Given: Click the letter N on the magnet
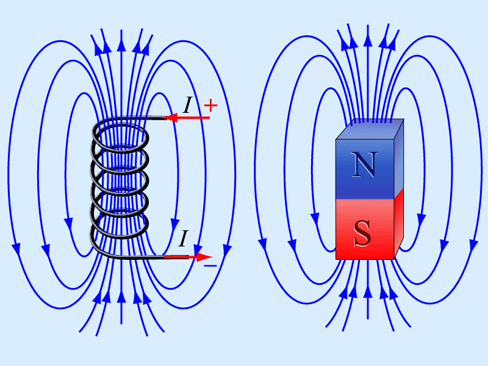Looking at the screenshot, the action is click(x=364, y=165).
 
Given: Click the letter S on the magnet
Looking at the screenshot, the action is click(x=363, y=234).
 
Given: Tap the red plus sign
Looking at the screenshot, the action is click(x=210, y=105).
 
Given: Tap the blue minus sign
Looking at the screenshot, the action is click(x=210, y=265).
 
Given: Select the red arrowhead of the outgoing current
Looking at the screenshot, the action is click(x=204, y=257).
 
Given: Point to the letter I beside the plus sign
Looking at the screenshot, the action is click(x=187, y=105).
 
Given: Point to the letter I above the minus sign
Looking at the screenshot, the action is click(x=184, y=238).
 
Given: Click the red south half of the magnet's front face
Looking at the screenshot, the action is click(x=365, y=229).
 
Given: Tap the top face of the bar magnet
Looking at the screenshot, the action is click(x=370, y=129).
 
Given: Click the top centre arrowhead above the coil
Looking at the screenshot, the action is click(x=121, y=45).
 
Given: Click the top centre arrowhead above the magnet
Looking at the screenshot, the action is click(x=368, y=40).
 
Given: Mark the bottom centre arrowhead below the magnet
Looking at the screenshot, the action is click(x=368, y=292).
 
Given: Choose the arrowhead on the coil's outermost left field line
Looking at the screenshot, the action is click(x=16, y=249).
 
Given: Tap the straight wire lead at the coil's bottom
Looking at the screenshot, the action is click(x=143, y=257).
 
